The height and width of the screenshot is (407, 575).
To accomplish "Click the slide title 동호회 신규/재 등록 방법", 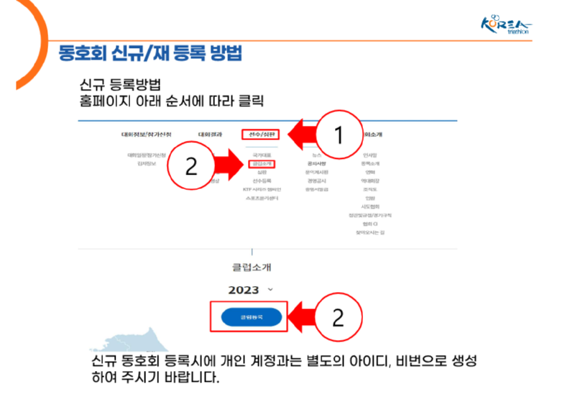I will pos(150,53).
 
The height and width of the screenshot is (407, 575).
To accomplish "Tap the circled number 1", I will pos(339,134).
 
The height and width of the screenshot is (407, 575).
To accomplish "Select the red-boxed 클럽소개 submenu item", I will pos(262,163).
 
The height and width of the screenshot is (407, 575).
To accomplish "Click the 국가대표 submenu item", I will pos(262,155).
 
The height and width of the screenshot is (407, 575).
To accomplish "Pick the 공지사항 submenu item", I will pos(316,163).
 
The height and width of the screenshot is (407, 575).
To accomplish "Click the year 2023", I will pos(243,290).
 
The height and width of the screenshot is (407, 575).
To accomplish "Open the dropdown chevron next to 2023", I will pos(270,289).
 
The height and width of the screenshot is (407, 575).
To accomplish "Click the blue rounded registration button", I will pos(251,316).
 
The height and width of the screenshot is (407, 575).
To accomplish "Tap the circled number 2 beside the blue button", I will pos(339,317).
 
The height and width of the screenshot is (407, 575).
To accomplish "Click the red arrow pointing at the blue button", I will pos(303,317).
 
